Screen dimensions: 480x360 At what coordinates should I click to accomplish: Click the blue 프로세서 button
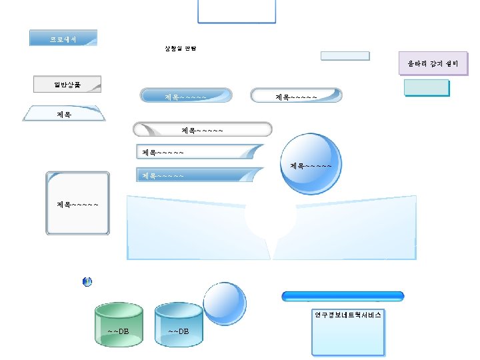[63, 38]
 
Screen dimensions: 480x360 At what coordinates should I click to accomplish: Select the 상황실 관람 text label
[181, 48]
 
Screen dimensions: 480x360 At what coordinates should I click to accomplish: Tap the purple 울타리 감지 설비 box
[433, 63]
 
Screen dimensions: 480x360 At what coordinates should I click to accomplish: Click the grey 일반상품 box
[67, 84]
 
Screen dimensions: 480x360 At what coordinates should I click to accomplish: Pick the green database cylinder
[119, 325]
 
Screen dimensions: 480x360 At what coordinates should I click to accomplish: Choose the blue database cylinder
[179, 325]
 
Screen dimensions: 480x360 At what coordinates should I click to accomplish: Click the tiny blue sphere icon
[87, 282]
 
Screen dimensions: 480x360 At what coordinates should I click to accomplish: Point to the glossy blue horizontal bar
[343, 296]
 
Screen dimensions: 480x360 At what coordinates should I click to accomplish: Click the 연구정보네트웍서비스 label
[348, 314]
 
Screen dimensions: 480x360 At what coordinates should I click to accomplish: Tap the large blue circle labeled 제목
[310, 165]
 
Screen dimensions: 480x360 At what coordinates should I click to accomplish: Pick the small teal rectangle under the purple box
[427, 87]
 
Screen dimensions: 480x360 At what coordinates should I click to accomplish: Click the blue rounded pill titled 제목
[186, 96]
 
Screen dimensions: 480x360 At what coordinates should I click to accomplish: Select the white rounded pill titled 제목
[296, 96]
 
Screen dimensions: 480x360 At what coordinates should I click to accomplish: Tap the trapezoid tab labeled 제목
[65, 113]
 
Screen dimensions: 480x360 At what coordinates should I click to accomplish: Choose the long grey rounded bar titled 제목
[203, 129]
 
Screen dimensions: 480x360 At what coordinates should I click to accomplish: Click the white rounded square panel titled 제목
[77, 203]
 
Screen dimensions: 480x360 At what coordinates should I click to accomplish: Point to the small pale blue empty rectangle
[345, 55]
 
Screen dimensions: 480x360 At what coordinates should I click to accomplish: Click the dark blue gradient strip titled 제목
[199, 175]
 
